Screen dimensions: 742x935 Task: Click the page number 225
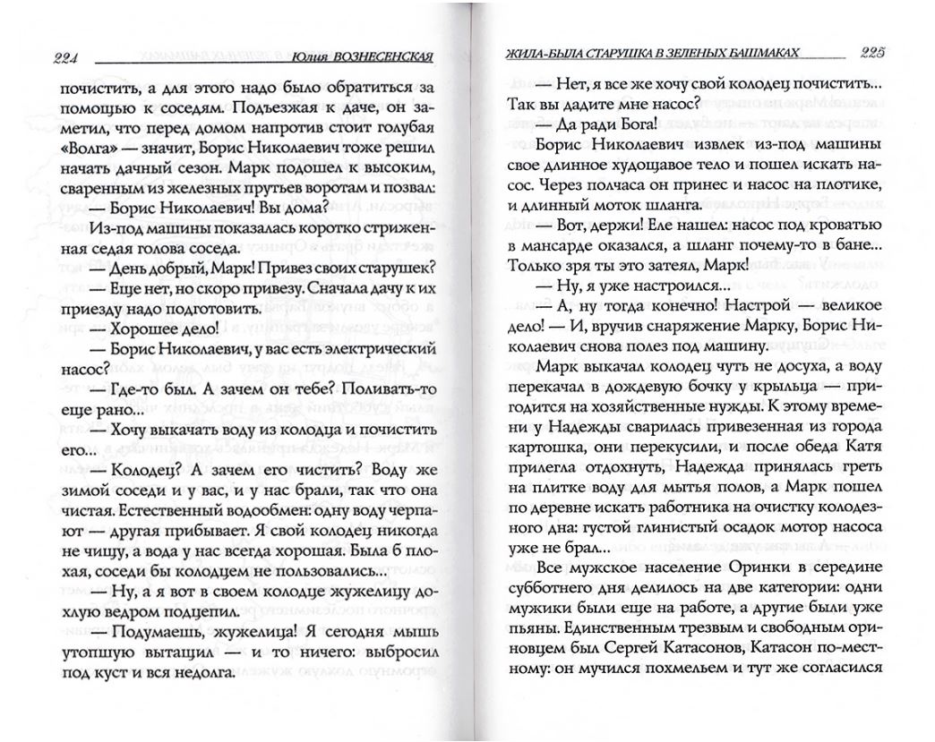click(871, 50)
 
